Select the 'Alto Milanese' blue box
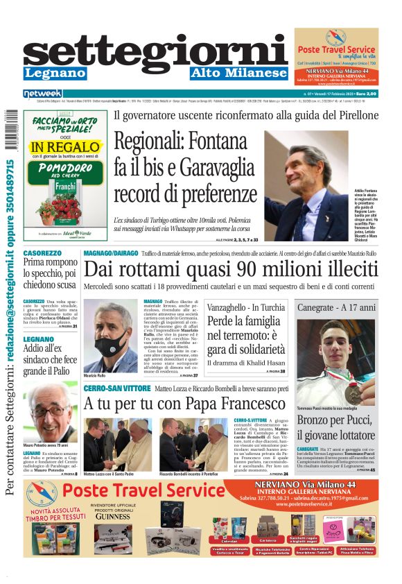coord(248,73)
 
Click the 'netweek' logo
coord(43,94)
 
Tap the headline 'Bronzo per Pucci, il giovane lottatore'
coord(336,428)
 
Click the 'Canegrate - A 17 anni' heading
coord(336,306)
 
